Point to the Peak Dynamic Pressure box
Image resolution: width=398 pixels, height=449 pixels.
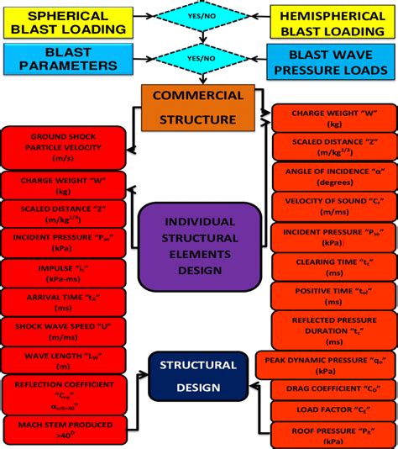pos(324,364)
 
